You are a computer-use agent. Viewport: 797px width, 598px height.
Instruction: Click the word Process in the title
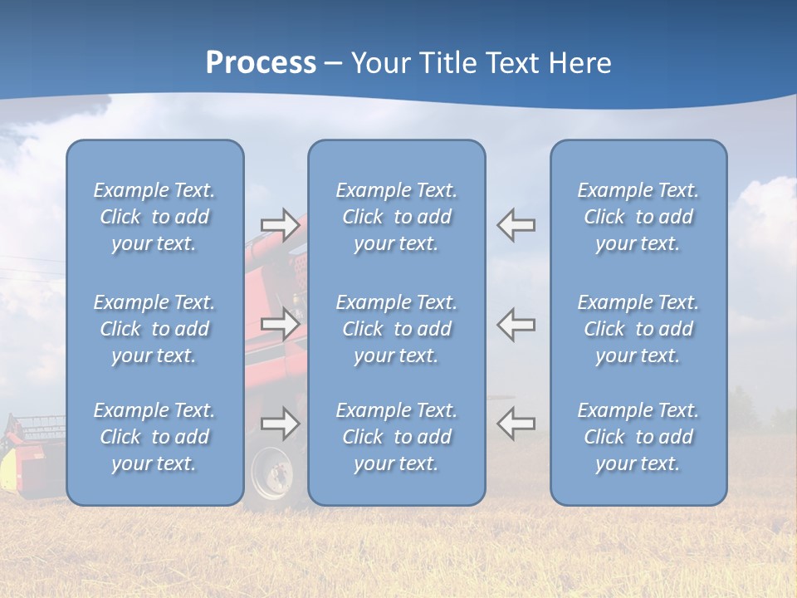pyautogui.click(x=261, y=63)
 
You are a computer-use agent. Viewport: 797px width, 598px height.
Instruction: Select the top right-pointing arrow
pyautogui.click(x=280, y=225)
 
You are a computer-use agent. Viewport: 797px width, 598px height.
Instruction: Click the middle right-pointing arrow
pyautogui.click(x=280, y=324)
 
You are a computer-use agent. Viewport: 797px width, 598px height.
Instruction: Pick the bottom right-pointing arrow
pyautogui.click(x=280, y=424)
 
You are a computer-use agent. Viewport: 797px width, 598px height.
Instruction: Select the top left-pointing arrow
pyautogui.click(x=516, y=225)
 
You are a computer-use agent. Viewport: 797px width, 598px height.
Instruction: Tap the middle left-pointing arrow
pyautogui.click(x=516, y=324)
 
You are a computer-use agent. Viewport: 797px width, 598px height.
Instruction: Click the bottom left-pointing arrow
pyautogui.click(x=516, y=424)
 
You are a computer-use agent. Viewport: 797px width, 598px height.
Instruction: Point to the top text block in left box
pyautogui.click(x=154, y=217)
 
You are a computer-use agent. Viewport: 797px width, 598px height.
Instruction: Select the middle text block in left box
pyautogui.click(x=154, y=329)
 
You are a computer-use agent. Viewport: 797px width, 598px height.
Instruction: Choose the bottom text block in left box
pyautogui.click(x=154, y=437)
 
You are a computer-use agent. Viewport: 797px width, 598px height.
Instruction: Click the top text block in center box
pyautogui.click(x=396, y=217)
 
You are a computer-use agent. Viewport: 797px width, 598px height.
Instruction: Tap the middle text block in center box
pyautogui.click(x=396, y=329)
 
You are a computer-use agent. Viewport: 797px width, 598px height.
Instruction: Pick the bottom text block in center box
pyautogui.click(x=396, y=437)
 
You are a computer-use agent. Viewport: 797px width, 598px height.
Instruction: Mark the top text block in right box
pyautogui.click(x=638, y=217)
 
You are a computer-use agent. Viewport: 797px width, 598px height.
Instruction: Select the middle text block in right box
pyautogui.click(x=638, y=329)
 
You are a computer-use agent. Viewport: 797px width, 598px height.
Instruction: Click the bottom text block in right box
pyautogui.click(x=638, y=437)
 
